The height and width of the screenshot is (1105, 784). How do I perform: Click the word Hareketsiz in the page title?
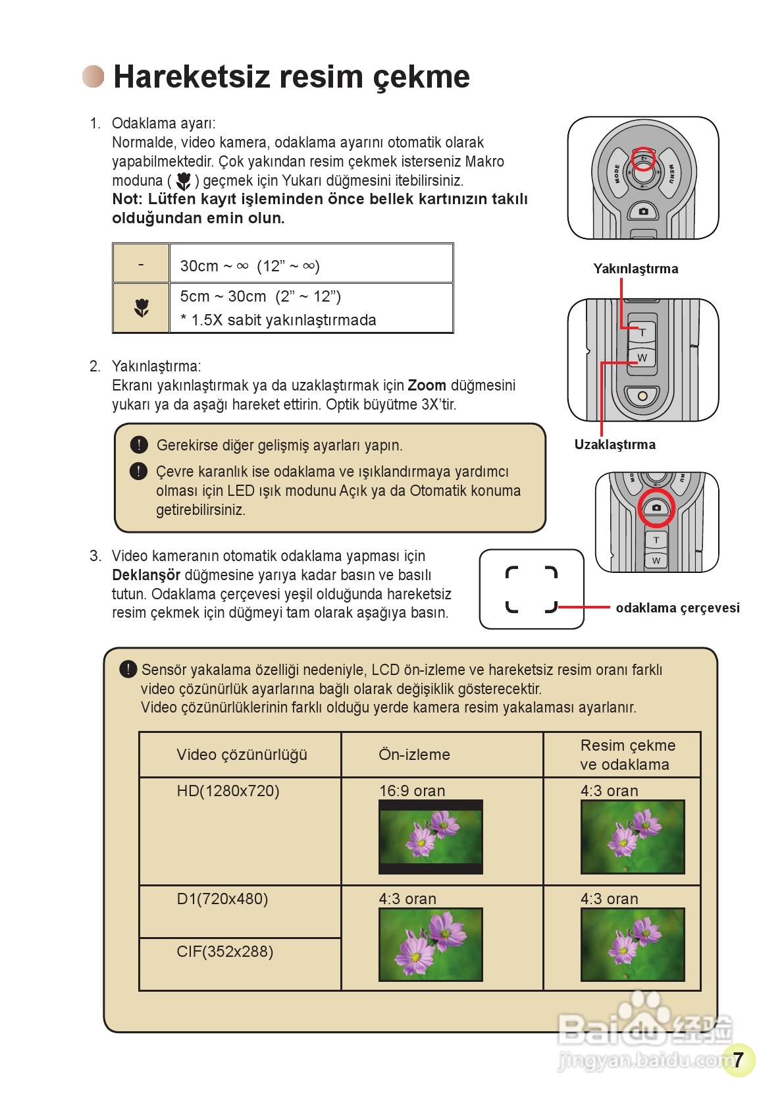click(x=192, y=77)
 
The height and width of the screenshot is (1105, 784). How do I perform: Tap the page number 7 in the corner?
click(x=739, y=1060)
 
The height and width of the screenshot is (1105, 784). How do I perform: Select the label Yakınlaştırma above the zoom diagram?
click(x=635, y=269)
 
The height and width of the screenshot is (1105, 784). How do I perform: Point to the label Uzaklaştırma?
click(x=615, y=445)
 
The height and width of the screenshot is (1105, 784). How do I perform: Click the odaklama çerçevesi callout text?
click(x=677, y=608)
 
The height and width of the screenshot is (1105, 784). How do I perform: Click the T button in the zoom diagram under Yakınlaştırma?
click(x=642, y=333)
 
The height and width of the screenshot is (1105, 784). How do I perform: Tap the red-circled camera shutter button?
click(x=656, y=508)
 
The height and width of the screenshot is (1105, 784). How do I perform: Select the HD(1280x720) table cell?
click(x=228, y=791)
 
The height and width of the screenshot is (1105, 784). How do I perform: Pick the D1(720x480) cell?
click(x=222, y=899)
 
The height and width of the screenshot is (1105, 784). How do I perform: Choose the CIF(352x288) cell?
click(x=224, y=952)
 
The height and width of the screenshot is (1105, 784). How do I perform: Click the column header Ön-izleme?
click(x=414, y=755)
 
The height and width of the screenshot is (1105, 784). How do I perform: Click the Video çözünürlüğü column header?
click(x=242, y=755)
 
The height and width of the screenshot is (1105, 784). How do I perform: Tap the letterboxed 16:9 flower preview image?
click(x=431, y=837)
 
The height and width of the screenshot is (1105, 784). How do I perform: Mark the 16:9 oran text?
click(x=412, y=791)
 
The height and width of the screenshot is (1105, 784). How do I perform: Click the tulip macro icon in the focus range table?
click(x=142, y=308)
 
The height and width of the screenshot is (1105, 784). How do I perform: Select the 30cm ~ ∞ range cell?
click(x=250, y=266)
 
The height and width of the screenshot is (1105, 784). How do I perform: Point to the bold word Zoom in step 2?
click(x=427, y=385)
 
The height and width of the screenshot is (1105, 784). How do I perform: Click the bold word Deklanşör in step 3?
click(x=145, y=575)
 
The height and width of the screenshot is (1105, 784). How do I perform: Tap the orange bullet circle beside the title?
click(x=93, y=76)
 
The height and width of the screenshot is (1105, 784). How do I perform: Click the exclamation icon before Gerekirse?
click(x=139, y=445)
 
